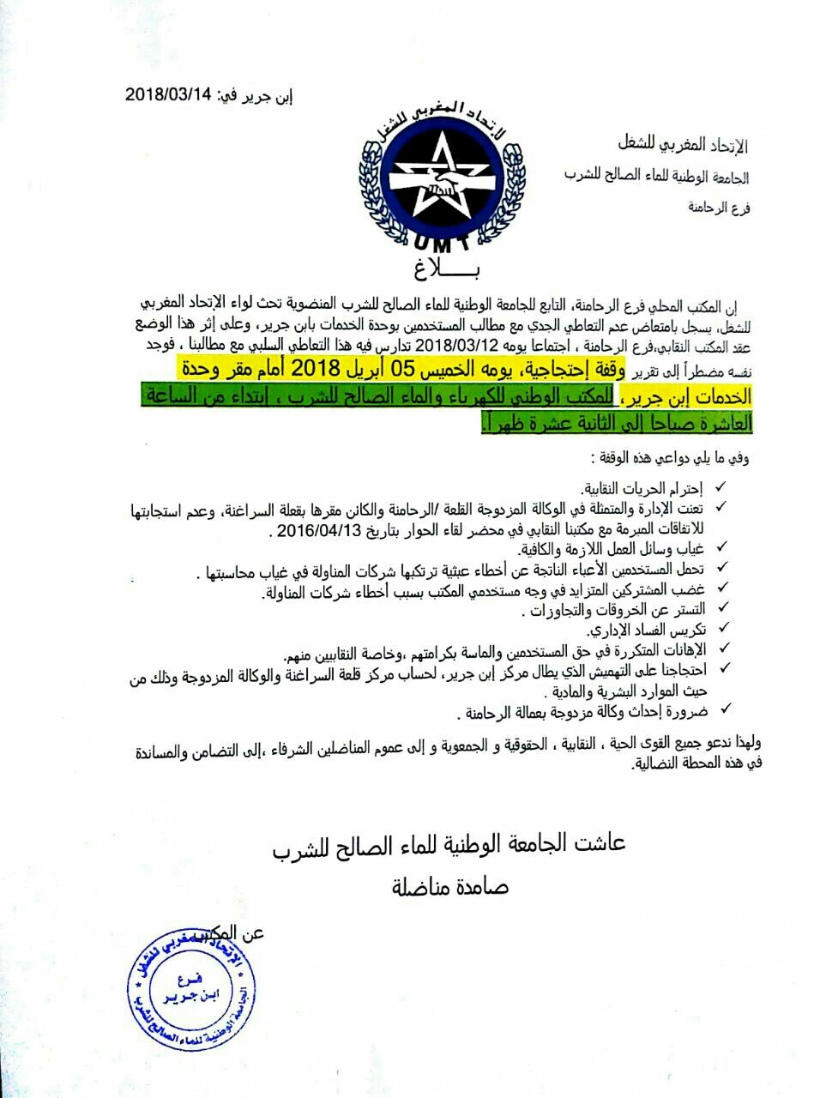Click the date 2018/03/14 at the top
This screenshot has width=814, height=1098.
[168, 95]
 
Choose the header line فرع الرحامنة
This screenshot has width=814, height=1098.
[719, 207]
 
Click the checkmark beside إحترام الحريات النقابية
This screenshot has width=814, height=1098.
[721, 487]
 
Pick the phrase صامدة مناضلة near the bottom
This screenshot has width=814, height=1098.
[450, 886]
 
